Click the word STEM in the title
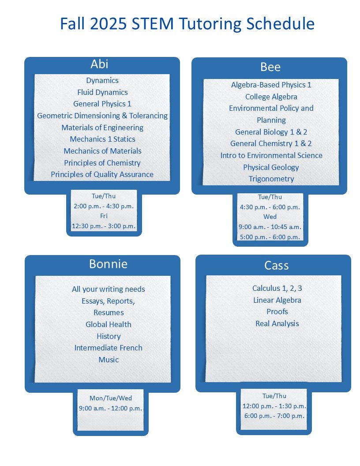[152, 23]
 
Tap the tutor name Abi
[100, 64]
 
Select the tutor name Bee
[270, 67]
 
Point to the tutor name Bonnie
[109, 264]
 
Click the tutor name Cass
[277, 265]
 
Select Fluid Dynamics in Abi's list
[102, 92]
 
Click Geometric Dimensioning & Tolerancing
[102, 116]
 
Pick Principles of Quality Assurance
[102, 174]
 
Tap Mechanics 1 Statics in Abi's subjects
[102, 139]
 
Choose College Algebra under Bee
[271, 97]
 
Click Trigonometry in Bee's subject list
[271, 179]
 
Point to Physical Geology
[271, 167]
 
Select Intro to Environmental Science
[271, 155]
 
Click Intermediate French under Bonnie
[109, 348]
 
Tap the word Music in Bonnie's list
[109, 360]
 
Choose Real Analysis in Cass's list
[277, 323]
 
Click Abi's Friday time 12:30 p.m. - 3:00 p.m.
[104, 226]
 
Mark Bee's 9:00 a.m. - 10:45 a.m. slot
[270, 227]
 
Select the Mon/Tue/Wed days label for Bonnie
[111, 398]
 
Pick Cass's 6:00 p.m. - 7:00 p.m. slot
[274, 416]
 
